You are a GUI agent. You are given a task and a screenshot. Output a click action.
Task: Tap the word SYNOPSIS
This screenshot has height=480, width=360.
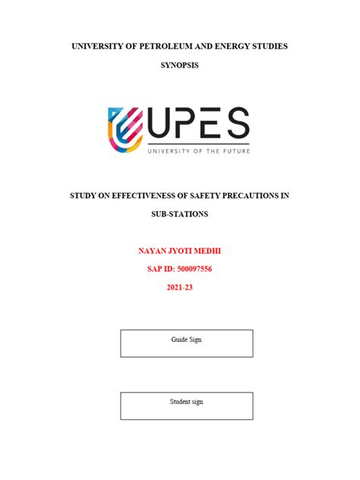[180, 66]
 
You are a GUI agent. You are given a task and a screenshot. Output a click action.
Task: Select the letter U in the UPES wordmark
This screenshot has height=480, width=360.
[163, 125]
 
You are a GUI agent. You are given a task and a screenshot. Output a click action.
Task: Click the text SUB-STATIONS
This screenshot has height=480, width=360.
[180, 214]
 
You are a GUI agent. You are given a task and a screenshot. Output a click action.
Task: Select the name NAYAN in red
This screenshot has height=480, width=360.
[153, 250]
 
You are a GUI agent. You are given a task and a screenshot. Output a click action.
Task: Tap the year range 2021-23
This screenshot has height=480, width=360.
[180, 287]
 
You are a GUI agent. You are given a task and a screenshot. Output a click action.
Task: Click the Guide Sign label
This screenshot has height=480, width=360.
[186, 339]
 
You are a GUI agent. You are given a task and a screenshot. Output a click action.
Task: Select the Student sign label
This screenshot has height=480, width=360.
[186, 401]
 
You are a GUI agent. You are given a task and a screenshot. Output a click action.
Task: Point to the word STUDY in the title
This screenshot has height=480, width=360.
[84, 195]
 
